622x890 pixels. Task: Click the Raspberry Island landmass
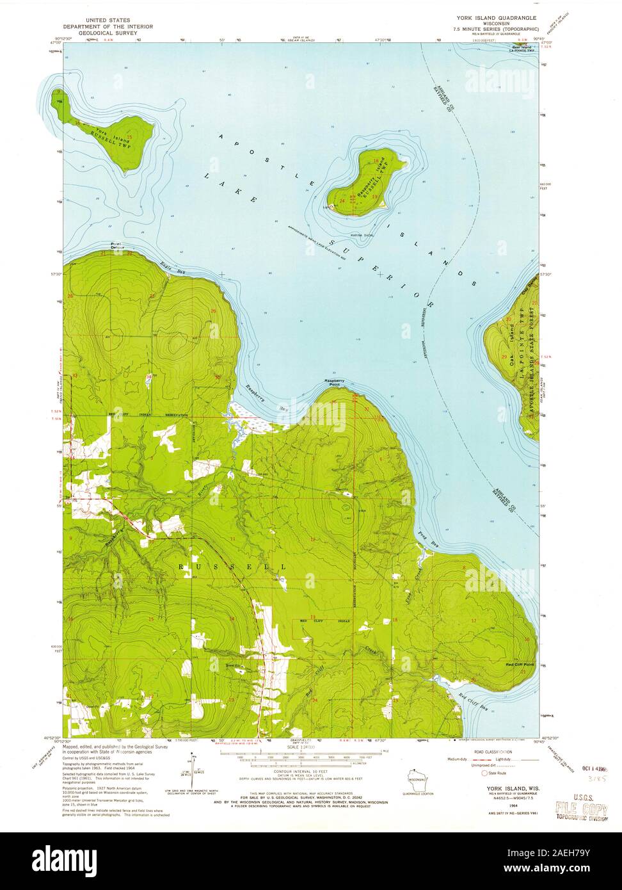(x=365, y=182)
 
